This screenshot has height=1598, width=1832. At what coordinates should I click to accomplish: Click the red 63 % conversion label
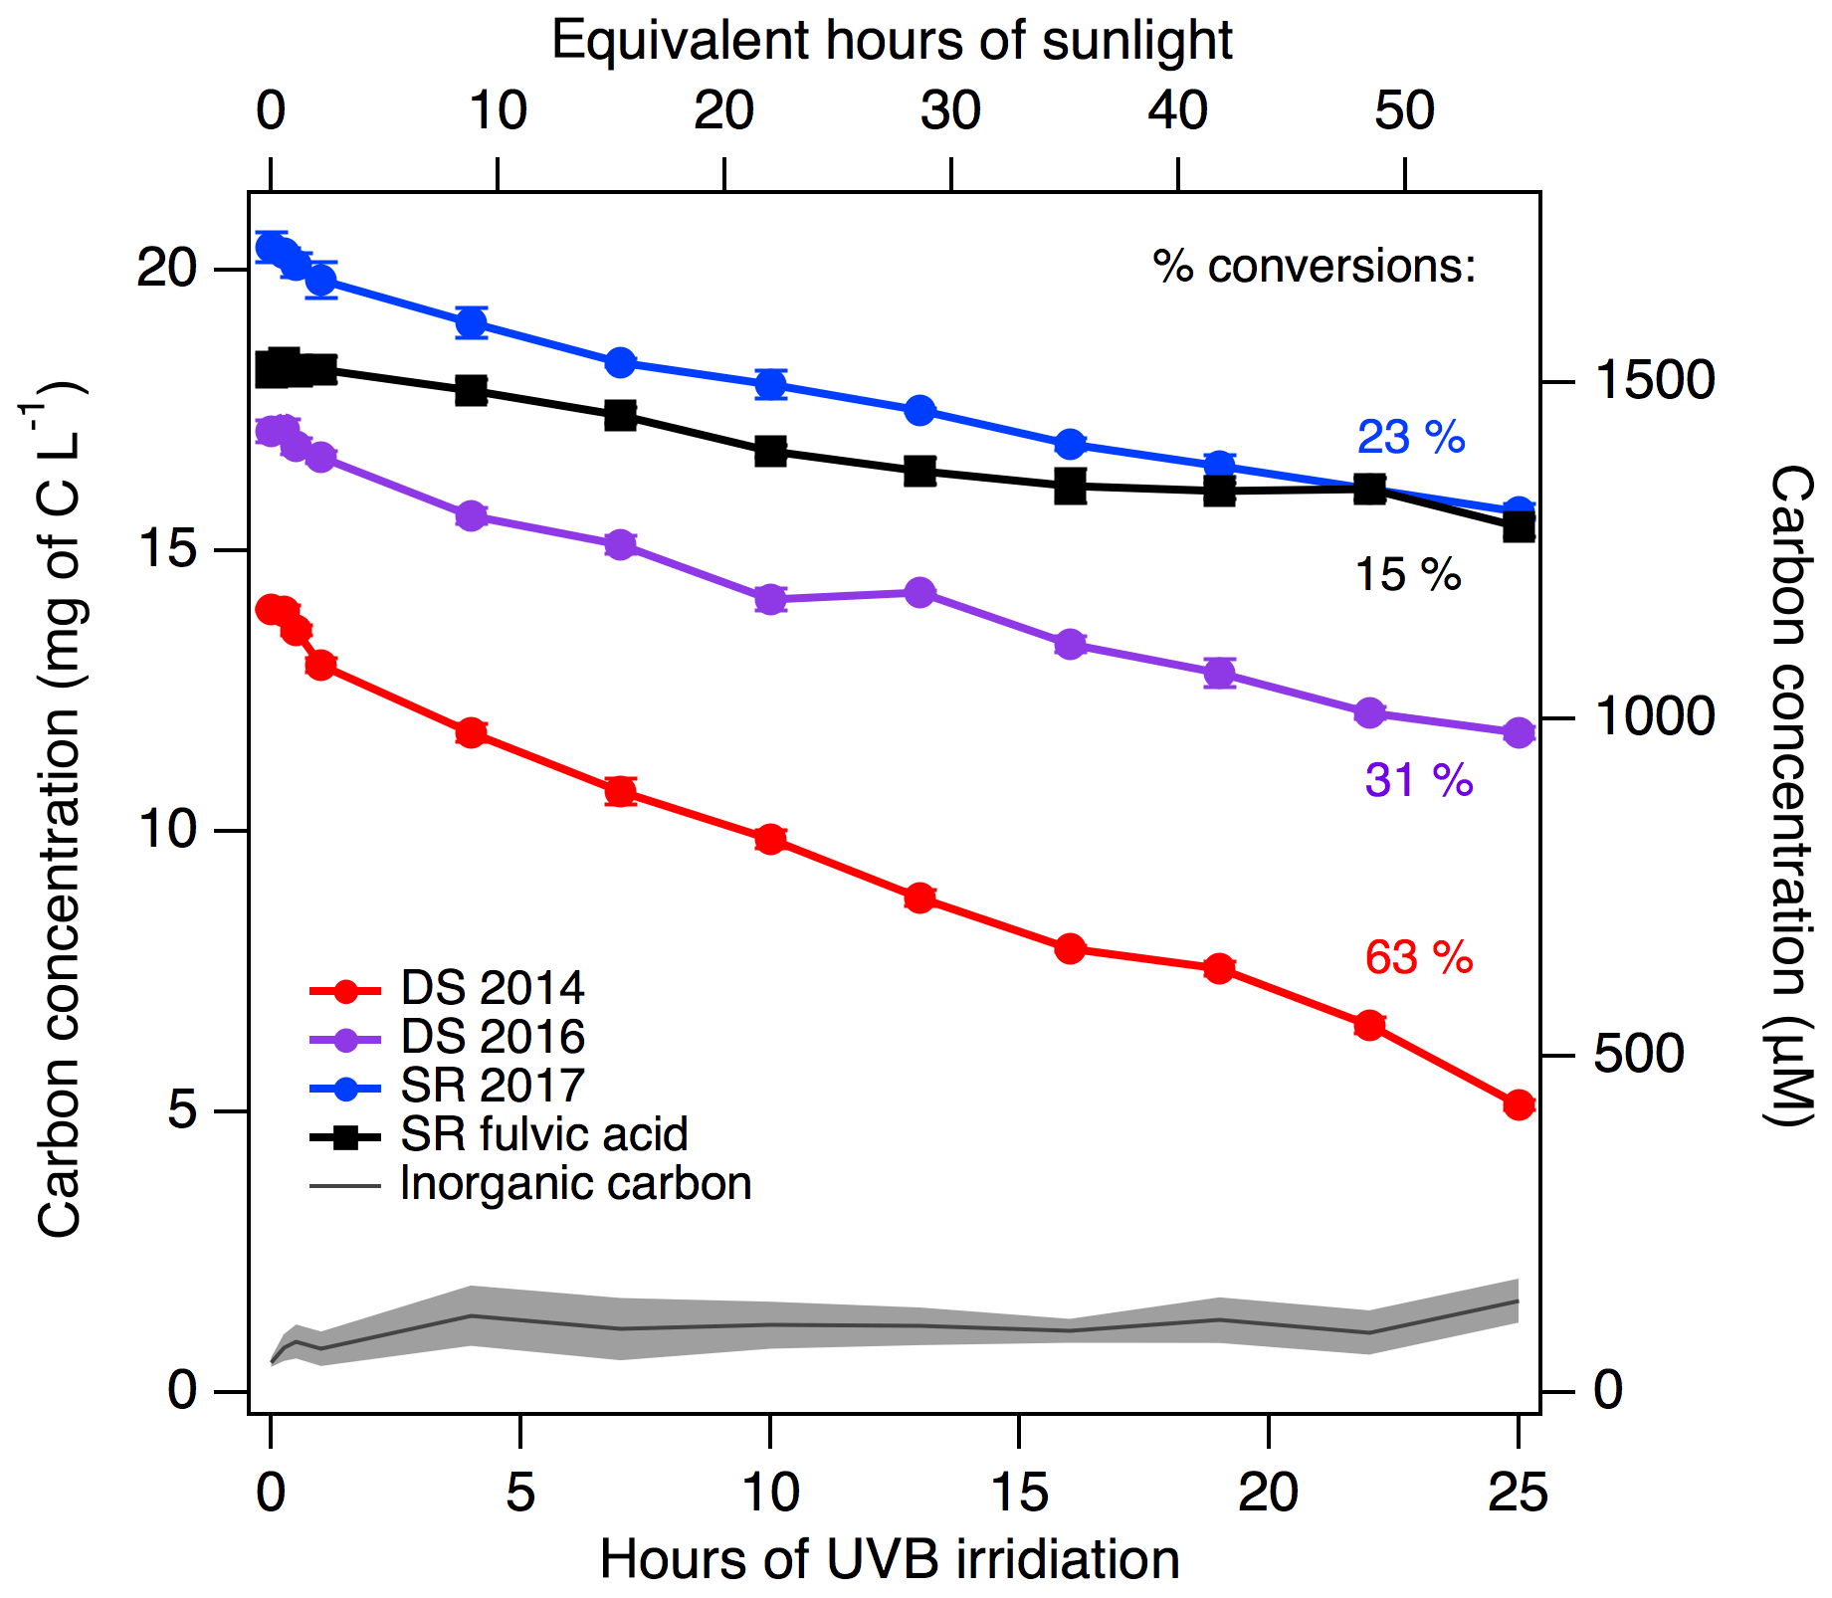(x=1418, y=957)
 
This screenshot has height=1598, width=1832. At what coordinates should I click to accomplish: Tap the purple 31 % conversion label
(x=1418, y=780)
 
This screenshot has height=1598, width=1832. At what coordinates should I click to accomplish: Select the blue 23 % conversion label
(x=1411, y=437)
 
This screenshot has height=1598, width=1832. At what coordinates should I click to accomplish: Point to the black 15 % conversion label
(x=1408, y=575)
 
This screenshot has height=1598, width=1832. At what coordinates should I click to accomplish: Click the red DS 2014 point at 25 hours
(x=1518, y=1104)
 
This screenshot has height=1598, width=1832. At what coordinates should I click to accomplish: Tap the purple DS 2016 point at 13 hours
(x=919, y=593)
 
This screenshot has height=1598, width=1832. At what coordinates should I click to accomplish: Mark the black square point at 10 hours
(x=769, y=452)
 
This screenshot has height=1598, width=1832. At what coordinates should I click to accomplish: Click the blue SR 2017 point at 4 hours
(x=471, y=322)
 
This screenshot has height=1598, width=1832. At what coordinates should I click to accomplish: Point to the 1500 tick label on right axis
(x=1654, y=380)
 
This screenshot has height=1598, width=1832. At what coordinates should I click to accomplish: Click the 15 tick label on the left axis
(x=166, y=549)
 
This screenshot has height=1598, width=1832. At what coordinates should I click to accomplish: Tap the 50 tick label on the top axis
(x=1404, y=110)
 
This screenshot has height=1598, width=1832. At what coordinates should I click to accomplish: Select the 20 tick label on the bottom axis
(x=1268, y=1493)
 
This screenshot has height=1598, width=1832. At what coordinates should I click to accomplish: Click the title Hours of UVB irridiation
(x=890, y=1558)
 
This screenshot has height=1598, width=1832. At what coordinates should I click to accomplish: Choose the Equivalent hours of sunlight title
(x=892, y=41)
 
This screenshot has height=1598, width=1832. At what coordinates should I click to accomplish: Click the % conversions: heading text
(x=1314, y=266)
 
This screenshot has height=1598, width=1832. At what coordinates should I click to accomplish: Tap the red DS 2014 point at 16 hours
(x=1070, y=948)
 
